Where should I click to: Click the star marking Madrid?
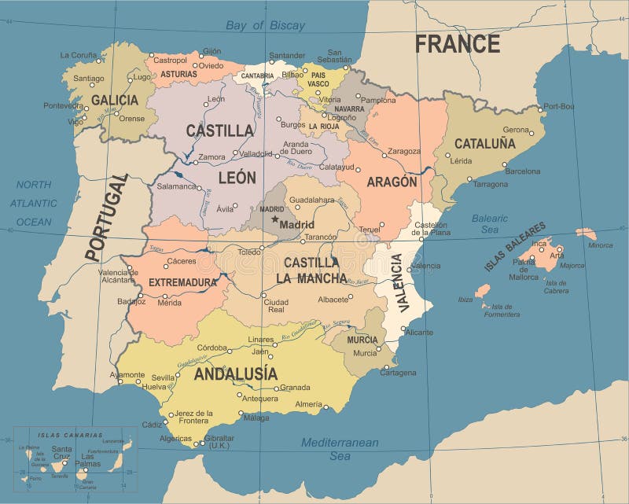click(275, 219)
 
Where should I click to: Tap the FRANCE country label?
click(458, 43)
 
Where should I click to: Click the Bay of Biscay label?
click(265, 25)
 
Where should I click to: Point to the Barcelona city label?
click(522, 171)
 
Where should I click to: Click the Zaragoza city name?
click(404, 151)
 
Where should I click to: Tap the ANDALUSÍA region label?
click(236, 373)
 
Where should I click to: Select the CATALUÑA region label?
click(485, 143)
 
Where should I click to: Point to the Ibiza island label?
click(465, 300)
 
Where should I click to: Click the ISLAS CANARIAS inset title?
click(70, 435)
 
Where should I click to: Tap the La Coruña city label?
click(79, 55)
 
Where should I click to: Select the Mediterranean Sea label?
click(340, 449)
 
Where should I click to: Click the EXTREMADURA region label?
click(182, 281)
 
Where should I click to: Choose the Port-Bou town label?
click(558, 105)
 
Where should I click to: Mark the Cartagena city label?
click(398, 373)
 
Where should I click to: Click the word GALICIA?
click(115, 100)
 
